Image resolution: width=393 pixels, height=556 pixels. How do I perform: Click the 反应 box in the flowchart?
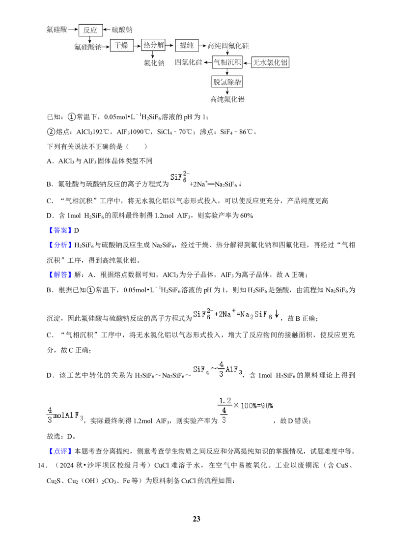[90, 30]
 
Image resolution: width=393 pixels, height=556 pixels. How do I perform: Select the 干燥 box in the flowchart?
[121, 46]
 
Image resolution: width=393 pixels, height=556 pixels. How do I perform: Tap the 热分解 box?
[153, 45]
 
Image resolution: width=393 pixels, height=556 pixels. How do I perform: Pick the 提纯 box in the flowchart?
[187, 45]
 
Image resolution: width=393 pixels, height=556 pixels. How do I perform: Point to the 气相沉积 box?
[227, 62]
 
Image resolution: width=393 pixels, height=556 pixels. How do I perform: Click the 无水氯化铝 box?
[270, 63]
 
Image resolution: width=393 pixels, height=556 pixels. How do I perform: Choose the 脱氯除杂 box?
[227, 82]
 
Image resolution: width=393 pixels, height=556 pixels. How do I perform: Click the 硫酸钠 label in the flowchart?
[122, 30]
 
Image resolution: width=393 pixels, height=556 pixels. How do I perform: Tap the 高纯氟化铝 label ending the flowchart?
[227, 99]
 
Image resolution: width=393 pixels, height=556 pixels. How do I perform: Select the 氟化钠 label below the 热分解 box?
[154, 63]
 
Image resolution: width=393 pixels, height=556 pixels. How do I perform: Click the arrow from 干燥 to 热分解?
[137, 46]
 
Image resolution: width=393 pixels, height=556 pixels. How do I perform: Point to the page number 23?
[196, 519]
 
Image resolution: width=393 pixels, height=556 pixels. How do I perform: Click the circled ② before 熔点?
[51, 132]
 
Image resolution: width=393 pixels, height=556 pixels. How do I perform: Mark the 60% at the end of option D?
[247, 216]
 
